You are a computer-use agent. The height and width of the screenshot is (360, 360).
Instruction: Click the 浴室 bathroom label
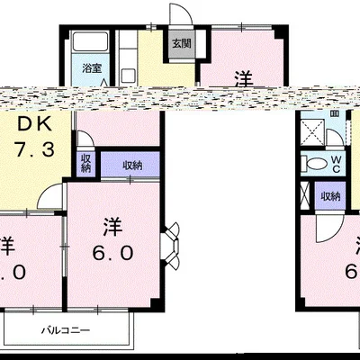click(92, 68)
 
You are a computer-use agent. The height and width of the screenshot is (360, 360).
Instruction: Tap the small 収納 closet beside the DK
click(85, 162)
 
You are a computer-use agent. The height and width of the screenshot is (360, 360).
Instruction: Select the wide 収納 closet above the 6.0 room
click(128, 165)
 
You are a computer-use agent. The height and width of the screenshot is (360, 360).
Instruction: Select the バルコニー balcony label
click(69, 330)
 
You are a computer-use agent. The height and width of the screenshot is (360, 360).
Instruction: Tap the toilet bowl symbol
click(317, 165)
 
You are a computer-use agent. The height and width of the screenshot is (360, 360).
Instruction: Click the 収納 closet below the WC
click(330, 196)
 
